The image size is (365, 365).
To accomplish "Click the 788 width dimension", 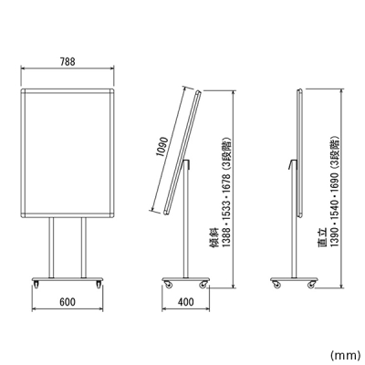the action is [68, 62].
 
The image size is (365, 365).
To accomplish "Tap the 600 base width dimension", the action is [68, 302].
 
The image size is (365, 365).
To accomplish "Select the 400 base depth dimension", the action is [185, 302].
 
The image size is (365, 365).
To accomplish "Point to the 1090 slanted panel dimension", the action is [162, 147].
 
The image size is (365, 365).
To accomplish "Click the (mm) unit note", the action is [345, 355].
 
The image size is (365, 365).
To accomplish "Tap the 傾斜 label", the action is [215, 237].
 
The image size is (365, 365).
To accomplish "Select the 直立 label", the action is [322, 237].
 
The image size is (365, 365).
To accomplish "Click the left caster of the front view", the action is [36, 285].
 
